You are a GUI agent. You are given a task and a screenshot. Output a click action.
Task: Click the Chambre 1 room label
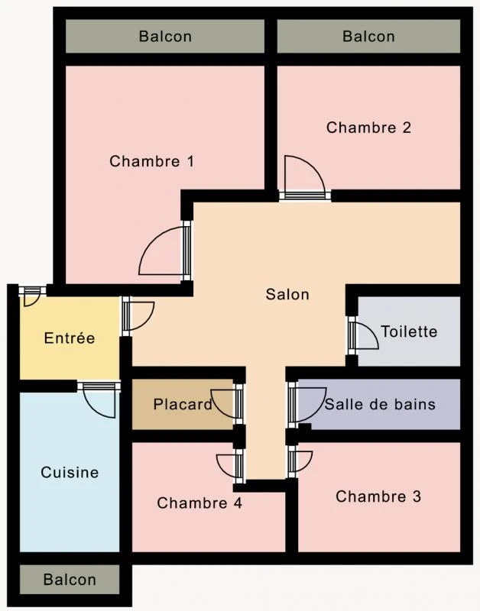(x=151, y=161)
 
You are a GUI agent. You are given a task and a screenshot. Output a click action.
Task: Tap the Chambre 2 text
(x=368, y=128)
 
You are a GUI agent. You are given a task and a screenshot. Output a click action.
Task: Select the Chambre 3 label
(x=378, y=496)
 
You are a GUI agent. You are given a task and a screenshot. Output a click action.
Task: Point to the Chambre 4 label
(x=199, y=503)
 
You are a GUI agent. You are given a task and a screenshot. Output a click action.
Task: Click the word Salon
(x=287, y=294)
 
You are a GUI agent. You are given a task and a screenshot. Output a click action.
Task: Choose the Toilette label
(x=409, y=331)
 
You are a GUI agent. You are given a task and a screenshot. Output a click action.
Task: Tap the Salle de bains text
(x=380, y=404)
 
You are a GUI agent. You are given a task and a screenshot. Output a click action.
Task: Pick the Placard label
(x=183, y=404)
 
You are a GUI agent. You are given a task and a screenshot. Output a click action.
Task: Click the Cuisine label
(x=70, y=473)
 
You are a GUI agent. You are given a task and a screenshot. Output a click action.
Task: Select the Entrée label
(x=70, y=338)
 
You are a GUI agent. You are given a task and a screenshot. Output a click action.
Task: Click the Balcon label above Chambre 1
(x=165, y=36)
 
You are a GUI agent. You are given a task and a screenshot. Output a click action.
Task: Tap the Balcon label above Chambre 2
(x=368, y=36)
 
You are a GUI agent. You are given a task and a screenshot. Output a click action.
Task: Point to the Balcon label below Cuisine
(x=70, y=580)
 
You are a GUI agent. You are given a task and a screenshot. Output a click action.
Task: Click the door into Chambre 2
(x=304, y=177)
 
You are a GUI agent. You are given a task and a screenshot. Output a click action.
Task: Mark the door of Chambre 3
(x=300, y=461)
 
